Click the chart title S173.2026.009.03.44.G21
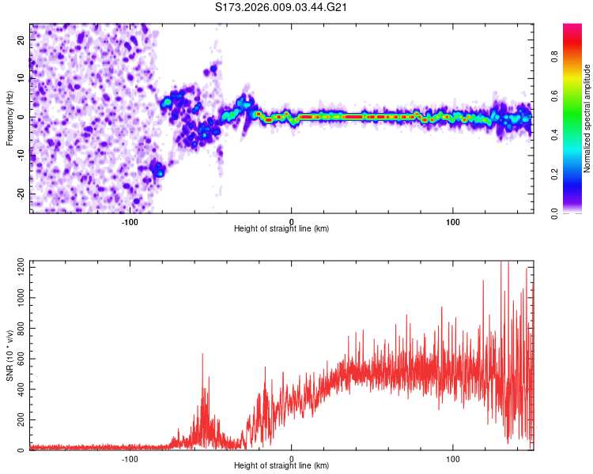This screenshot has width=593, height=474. click(282, 8)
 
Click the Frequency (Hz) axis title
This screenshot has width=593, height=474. click(9, 118)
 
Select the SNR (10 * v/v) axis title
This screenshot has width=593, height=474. click(9, 356)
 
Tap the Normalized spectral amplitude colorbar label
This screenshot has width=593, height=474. click(587, 118)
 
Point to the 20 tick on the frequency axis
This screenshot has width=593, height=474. click(21, 41)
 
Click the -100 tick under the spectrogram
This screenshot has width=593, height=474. click(130, 220)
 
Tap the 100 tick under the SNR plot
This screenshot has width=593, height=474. click(453, 458)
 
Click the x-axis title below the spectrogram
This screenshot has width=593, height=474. click(281, 229)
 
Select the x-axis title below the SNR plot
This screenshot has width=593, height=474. click(281, 467)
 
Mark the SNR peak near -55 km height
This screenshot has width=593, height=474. click(202, 355)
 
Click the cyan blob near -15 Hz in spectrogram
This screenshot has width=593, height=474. click(157, 168)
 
